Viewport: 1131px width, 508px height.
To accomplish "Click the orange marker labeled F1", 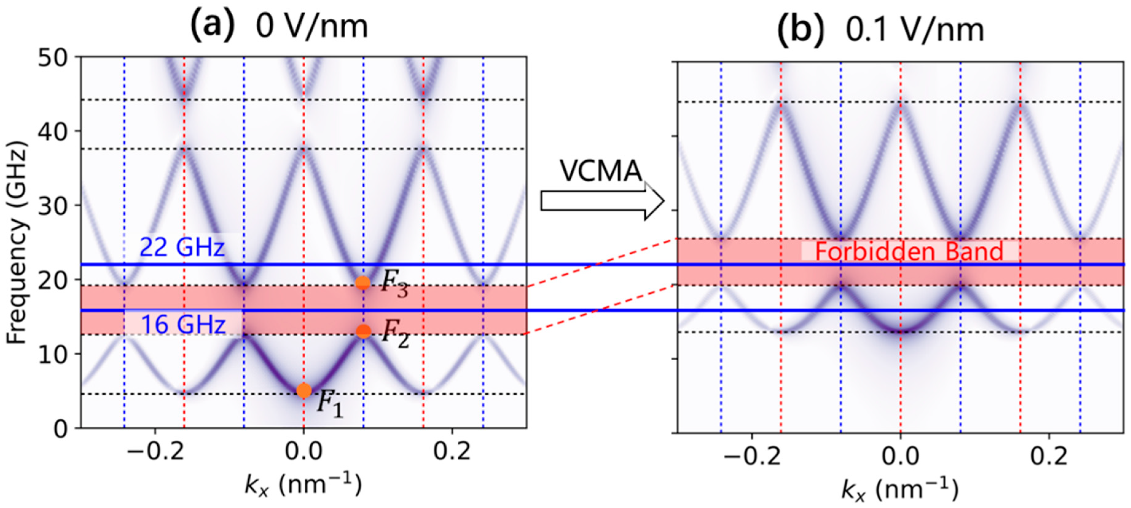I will pos(304,390).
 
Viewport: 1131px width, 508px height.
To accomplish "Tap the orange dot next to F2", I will pos(363,331).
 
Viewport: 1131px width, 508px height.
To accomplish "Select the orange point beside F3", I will pos(363,283).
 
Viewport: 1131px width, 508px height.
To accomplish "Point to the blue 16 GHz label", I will pos(183,325).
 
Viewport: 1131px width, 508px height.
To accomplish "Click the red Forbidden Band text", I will pos(909,252).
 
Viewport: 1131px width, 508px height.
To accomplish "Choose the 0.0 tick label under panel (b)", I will pos(900,457).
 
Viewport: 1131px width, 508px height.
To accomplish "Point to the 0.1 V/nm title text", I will pos(915,31).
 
